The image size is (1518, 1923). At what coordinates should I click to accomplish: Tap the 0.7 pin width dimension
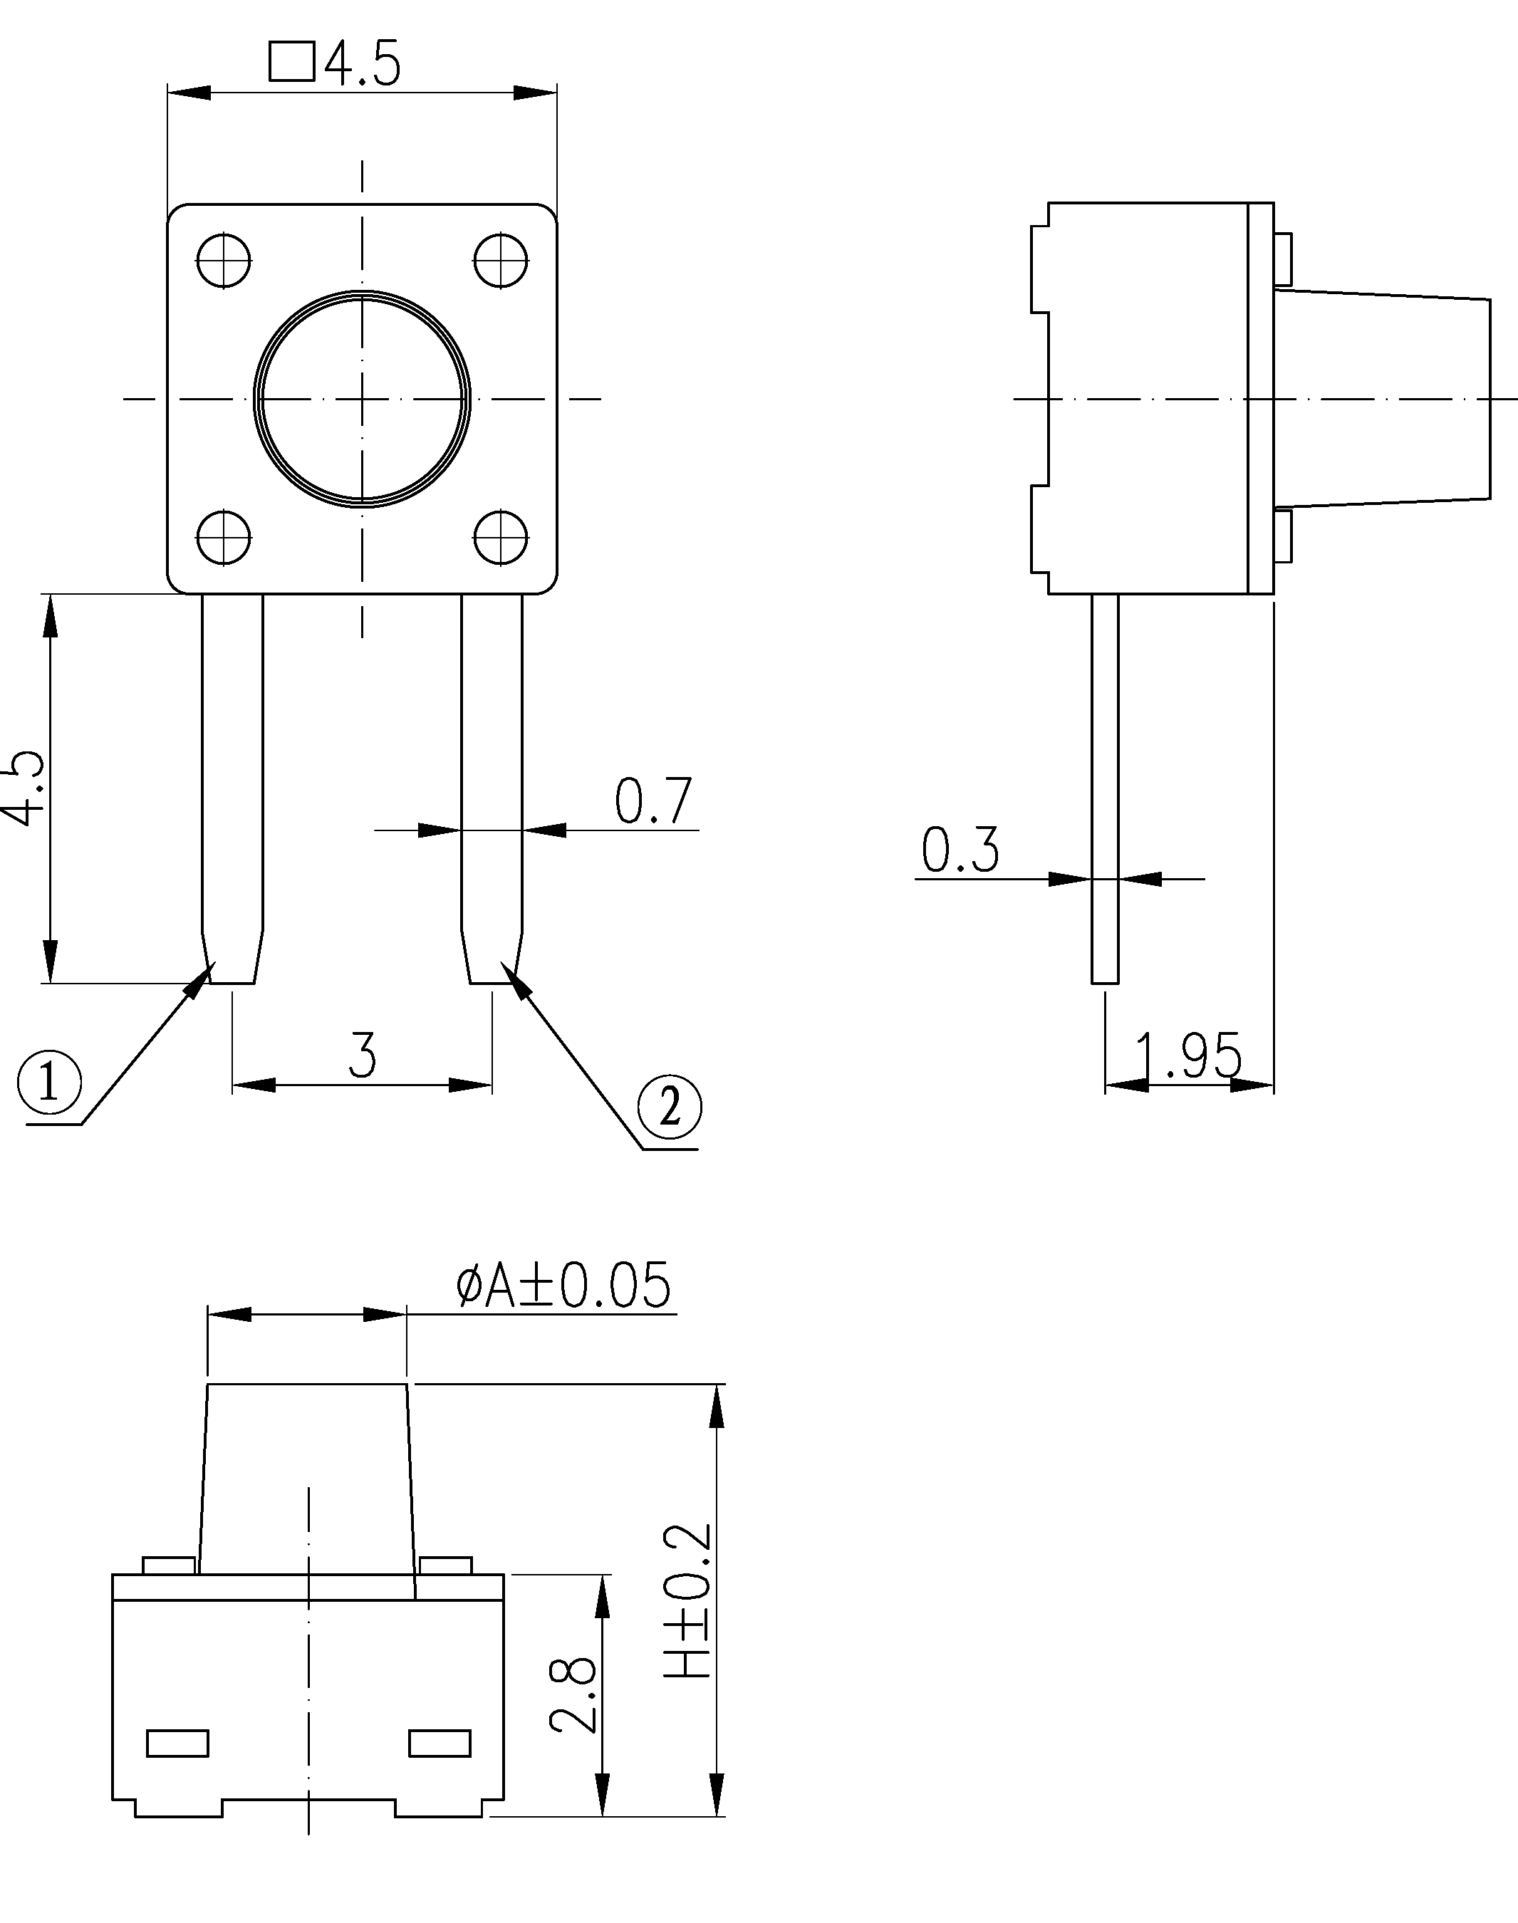[x=653, y=801]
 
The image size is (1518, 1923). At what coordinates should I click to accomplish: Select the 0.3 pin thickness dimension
[x=960, y=849]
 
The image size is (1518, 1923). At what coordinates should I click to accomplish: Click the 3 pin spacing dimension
[x=362, y=1055]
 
